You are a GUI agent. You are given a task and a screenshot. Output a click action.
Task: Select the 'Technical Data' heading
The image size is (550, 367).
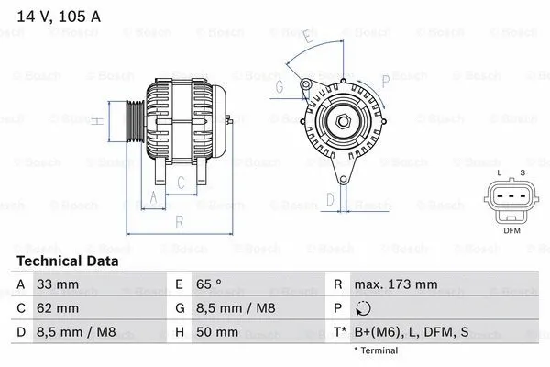point(68,261)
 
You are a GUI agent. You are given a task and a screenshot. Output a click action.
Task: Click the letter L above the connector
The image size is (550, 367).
point(499,172)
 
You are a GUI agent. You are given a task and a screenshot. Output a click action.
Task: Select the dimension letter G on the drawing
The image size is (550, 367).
point(278,87)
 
